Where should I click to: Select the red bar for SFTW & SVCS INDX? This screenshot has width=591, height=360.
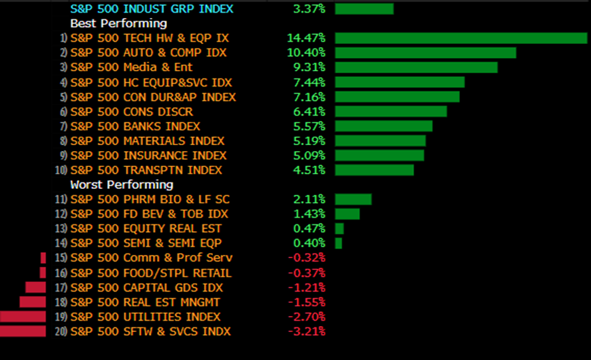click(23, 331)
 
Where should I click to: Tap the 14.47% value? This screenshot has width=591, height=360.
click(306, 38)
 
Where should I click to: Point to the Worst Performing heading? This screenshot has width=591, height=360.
click(122, 184)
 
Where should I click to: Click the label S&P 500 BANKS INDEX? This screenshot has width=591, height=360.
click(135, 126)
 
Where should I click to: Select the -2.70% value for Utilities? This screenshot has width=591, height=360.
click(306, 317)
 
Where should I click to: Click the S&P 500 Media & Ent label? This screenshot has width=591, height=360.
click(131, 67)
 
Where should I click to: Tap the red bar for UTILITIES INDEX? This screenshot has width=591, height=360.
click(23, 317)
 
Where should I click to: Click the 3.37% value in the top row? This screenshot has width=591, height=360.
click(309, 9)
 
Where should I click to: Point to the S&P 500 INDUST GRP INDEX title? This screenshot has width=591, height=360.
click(152, 9)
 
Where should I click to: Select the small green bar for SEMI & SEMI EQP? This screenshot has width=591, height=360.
click(339, 244)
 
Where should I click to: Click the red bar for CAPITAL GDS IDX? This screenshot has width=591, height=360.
click(35, 287)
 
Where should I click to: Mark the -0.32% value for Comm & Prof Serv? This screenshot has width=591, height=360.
click(306, 258)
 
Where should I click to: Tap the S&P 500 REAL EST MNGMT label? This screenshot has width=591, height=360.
click(146, 302)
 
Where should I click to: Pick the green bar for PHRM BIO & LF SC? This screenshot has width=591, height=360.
click(353, 200)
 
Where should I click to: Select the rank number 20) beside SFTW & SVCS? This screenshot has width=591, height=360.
click(62, 331)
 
